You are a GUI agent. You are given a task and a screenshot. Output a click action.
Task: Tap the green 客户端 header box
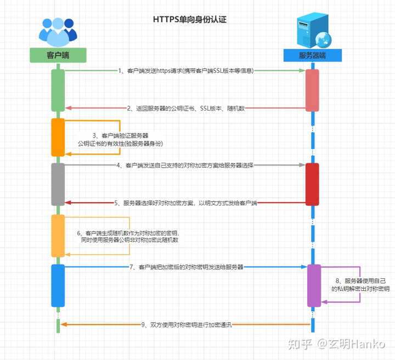tap(58, 55)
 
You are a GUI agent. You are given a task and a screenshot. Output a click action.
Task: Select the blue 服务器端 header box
tap(313, 55)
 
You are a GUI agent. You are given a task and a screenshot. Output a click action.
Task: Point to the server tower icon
tap(313, 30)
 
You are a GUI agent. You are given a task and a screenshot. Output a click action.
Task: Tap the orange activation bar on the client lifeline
tap(58, 137)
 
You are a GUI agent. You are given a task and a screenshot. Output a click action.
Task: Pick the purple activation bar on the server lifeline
tap(313, 285)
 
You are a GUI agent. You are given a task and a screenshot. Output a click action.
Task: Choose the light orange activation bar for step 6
tap(58, 235)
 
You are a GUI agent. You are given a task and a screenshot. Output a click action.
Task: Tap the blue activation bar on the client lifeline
tap(58, 285)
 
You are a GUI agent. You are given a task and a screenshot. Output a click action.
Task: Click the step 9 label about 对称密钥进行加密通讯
tap(187, 324)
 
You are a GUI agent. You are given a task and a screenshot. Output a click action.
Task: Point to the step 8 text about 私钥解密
tap(360, 284)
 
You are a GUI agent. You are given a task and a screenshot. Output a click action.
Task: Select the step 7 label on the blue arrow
tap(187, 267)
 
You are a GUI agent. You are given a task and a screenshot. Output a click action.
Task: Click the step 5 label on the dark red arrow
tap(186, 203)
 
